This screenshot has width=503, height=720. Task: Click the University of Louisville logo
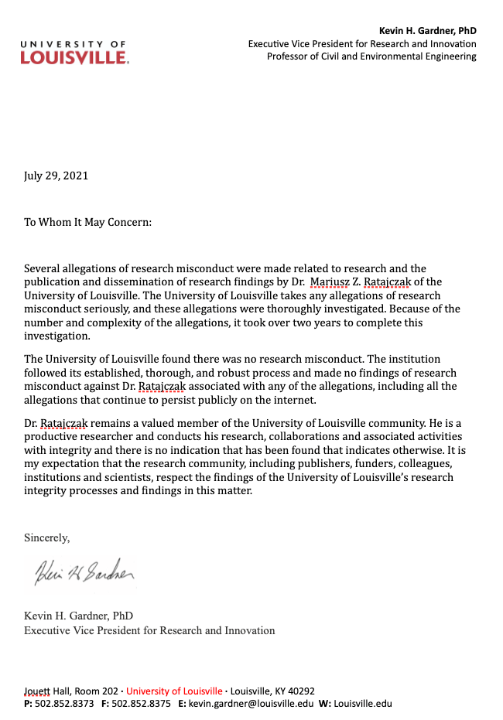coord(75,52)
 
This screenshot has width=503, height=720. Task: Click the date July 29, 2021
coord(56,176)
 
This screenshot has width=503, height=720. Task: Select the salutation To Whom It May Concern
coord(87,222)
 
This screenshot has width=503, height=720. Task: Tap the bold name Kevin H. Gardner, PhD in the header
coord(428,31)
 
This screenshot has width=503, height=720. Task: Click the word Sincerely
coord(46,537)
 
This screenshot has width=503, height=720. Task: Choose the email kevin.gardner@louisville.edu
coord(251,704)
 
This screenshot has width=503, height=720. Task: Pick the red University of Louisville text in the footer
coord(175,691)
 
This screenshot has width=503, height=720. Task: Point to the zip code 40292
coord(299,691)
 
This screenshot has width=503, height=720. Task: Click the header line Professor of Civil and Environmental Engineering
coord(371,56)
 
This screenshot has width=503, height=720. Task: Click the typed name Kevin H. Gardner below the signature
coord(78,616)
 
